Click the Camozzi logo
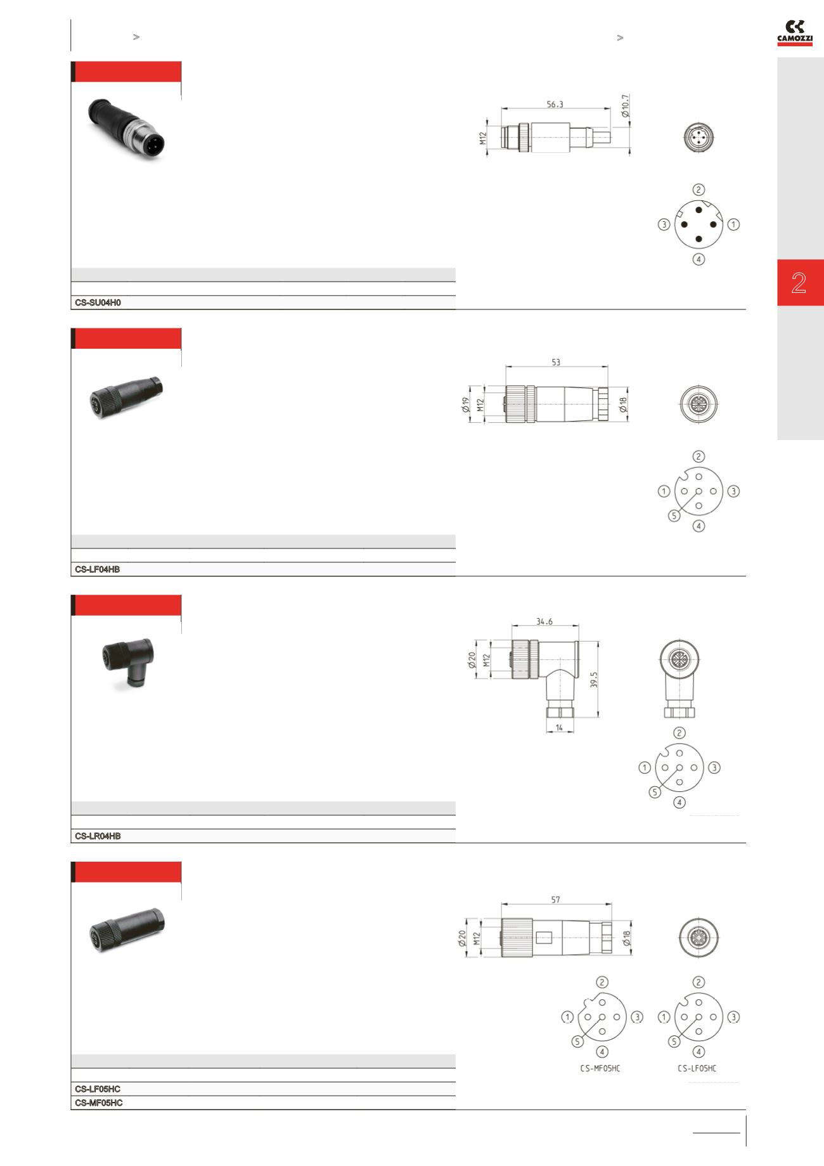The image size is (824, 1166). pos(795,33)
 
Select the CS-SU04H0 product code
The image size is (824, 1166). pos(98,303)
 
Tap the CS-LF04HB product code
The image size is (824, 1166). pos(97,569)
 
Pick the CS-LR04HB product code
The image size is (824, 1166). pos(98,836)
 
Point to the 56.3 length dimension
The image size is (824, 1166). pos(555,105)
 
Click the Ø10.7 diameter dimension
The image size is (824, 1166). pos(625,107)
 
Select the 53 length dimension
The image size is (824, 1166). pos(556,362)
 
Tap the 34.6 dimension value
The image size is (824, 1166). pos(544,621)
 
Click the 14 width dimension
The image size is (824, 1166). pos(560,728)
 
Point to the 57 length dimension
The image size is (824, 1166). pos(555,900)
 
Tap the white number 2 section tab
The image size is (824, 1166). pos(799,283)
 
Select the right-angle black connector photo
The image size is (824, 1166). pos(127,663)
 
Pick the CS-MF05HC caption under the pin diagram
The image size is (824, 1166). pos(600,1068)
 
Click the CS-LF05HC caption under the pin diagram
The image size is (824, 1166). pos(697,1068)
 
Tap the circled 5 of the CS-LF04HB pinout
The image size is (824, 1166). pos(674,516)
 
